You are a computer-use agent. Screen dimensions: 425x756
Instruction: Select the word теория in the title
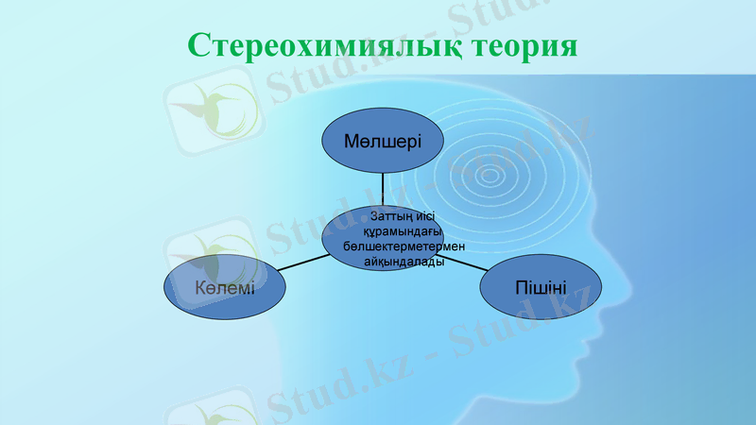(524, 46)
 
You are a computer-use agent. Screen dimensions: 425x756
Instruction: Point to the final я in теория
(567, 47)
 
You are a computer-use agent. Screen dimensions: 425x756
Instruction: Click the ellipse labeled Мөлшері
(383, 140)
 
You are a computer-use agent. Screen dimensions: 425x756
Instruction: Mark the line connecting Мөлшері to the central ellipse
(383, 187)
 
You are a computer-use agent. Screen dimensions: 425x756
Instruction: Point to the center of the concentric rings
(490, 174)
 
